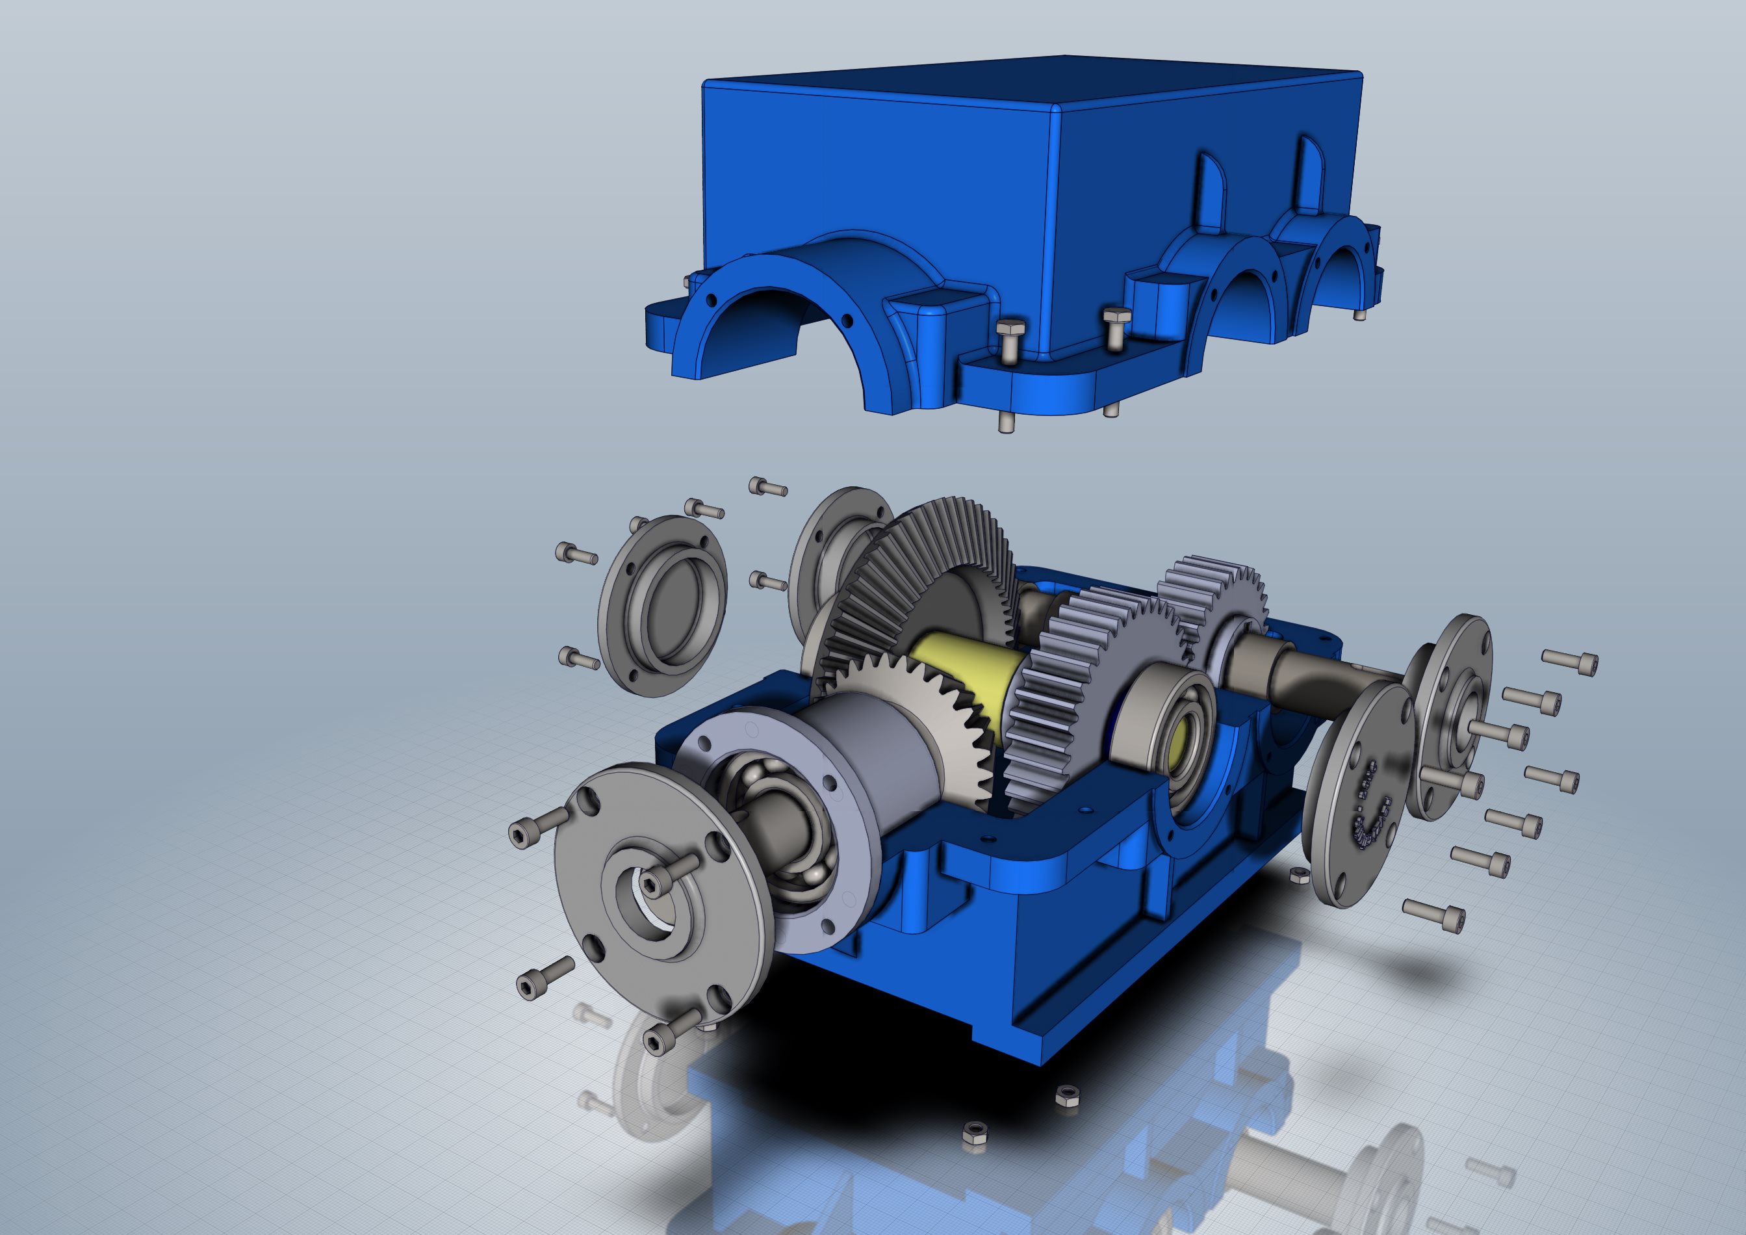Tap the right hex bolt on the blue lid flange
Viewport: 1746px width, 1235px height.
tap(1116, 327)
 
